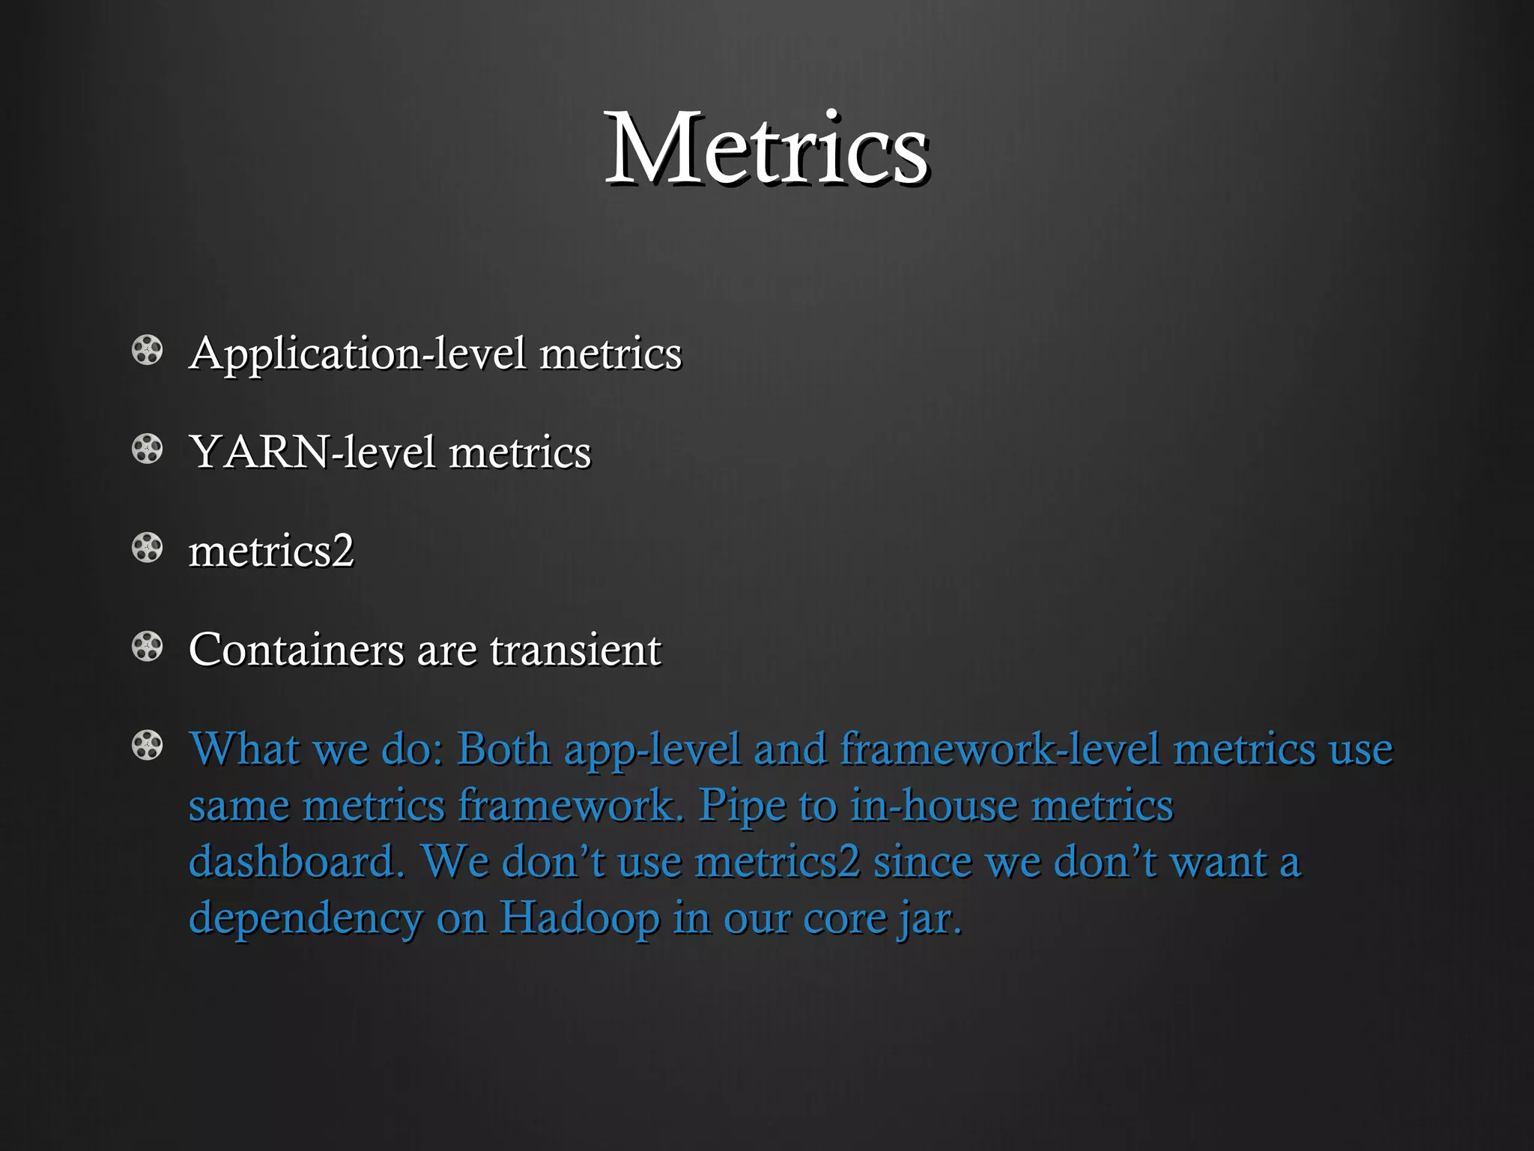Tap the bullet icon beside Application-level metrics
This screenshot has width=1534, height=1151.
tap(147, 351)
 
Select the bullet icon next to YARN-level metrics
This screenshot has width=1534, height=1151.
tap(147, 450)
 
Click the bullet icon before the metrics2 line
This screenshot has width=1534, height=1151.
tap(147, 549)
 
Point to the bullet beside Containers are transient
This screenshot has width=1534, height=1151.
tap(147, 647)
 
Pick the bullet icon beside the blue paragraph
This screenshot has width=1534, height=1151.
tap(147, 746)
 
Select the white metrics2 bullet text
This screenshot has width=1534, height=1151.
tap(270, 552)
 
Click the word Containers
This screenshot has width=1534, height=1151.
tap(296, 650)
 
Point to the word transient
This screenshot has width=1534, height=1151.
tap(575, 650)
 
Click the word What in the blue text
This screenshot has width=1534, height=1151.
tap(244, 749)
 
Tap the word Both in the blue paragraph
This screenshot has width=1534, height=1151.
tap(503, 749)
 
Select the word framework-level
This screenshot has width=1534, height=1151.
tap(1000, 749)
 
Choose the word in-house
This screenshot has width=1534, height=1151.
tap(933, 806)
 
